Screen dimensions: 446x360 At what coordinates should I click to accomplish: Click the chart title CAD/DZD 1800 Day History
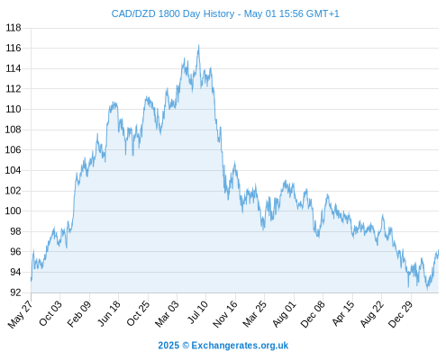click(173, 13)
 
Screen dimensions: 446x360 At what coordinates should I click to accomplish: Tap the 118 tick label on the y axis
click(14, 28)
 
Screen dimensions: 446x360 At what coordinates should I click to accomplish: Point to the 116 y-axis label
click(14, 48)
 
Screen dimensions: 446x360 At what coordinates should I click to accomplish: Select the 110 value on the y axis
click(14, 109)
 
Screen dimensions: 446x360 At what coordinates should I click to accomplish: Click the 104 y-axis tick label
click(14, 170)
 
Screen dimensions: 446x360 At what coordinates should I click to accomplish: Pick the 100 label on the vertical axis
click(14, 211)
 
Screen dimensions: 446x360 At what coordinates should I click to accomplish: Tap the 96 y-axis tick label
click(15, 251)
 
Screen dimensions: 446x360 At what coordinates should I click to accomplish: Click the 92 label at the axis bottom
click(15, 292)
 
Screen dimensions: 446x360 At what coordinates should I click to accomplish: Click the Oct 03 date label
click(50, 312)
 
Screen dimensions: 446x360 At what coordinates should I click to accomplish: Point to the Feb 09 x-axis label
click(79, 313)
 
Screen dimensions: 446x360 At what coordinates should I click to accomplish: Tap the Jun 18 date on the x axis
click(109, 313)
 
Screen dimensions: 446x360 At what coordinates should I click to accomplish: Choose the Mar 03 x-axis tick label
click(167, 313)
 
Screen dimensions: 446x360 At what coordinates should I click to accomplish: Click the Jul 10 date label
click(197, 312)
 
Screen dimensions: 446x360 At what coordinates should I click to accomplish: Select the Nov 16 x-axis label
click(225, 313)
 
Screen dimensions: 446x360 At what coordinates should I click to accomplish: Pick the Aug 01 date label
click(285, 313)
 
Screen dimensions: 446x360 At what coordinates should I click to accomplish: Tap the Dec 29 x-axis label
click(401, 313)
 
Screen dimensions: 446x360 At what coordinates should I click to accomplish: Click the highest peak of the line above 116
click(198, 45)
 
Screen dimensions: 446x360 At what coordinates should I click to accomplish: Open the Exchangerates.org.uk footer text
click(240, 346)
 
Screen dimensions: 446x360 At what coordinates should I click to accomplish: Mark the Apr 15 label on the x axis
click(343, 313)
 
